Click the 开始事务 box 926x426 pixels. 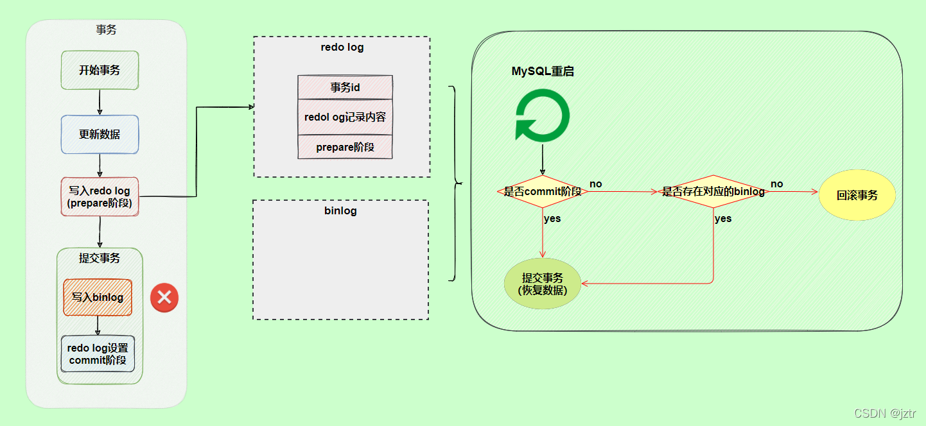pos(100,70)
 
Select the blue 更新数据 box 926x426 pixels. pos(100,134)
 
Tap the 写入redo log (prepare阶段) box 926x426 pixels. pos(100,196)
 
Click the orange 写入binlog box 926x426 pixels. pos(98,297)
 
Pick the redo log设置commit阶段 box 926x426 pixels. pos(98,354)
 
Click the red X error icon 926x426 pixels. pos(164,298)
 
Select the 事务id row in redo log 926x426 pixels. pos(345,87)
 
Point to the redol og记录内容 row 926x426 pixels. pos(345,117)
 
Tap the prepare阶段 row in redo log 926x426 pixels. pos(345,147)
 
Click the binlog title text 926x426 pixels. pos(340,210)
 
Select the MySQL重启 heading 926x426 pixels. pos(543,71)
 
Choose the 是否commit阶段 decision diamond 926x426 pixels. pos(543,191)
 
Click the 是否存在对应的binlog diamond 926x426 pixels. pos(713,191)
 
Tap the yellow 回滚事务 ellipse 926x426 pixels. pos(857,195)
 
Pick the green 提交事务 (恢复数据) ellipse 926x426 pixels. pos(543,283)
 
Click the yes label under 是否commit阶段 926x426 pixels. pos(552,219)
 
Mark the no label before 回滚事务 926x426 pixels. pos(777,184)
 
